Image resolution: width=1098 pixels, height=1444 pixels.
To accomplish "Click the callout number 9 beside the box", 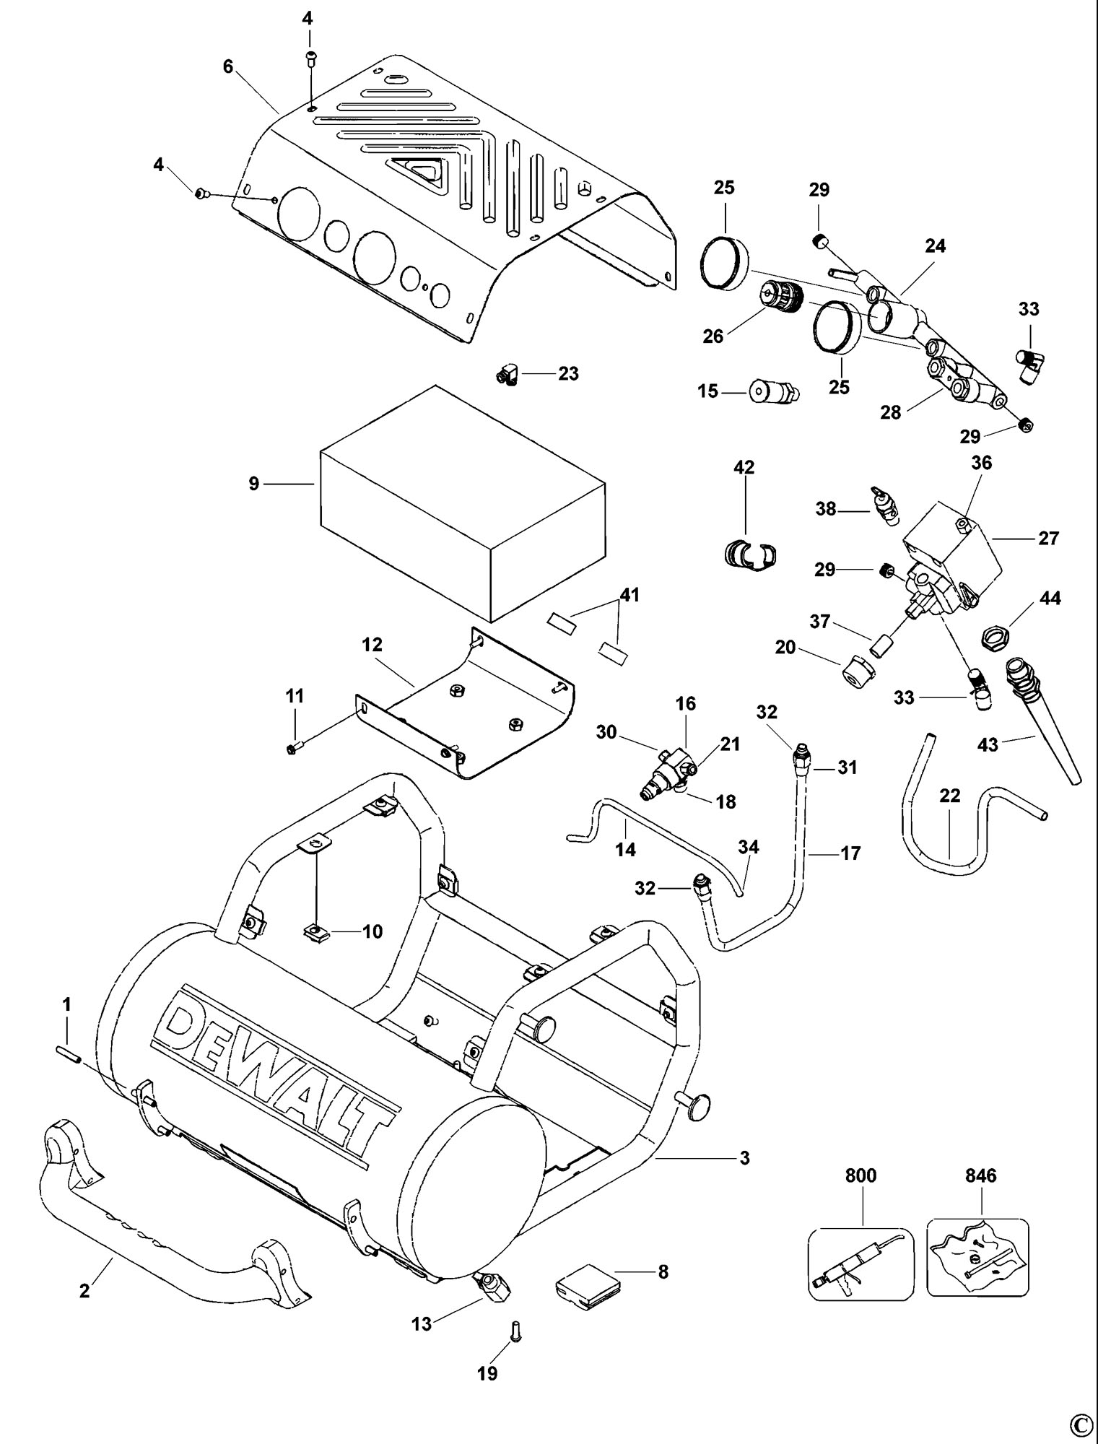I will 253,483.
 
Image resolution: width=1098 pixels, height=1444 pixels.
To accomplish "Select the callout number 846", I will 980,1175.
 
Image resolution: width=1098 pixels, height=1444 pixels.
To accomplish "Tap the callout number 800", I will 860,1175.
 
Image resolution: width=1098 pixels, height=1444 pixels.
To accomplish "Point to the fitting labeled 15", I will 770,392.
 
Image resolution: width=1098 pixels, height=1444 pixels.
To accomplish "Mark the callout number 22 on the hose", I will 950,795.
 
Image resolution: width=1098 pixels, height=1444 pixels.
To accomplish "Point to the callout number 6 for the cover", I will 228,66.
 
